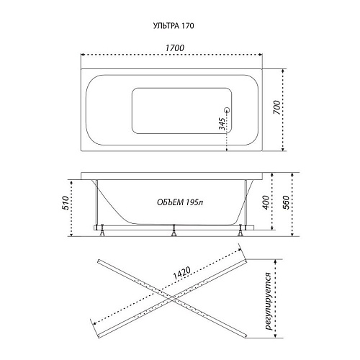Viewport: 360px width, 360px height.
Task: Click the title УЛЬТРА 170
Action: [174, 26]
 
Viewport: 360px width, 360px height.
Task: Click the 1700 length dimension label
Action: [175, 48]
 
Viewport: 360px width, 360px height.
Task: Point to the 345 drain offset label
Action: [222, 124]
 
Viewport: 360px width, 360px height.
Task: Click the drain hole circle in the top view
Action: [227, 110]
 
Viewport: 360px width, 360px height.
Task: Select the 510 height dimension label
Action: [66, 203]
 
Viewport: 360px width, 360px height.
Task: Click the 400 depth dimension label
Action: [266, 202]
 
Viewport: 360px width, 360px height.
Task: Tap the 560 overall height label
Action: [286, 202]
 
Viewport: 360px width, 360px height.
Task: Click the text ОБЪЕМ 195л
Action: [180, 202]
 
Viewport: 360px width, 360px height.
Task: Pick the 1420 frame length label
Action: [181, 274]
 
